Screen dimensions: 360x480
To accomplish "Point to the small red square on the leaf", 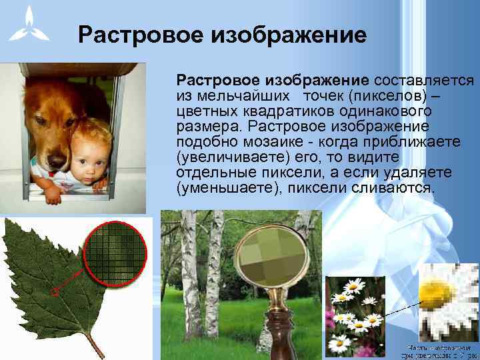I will pos(56,291).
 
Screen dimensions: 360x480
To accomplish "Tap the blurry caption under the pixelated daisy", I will pos(441,351).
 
